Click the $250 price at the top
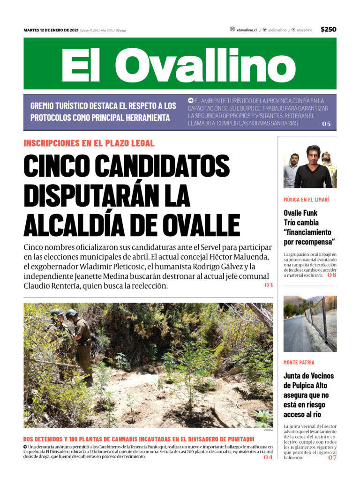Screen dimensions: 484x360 click(x=328, y=30)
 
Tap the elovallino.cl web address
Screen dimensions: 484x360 click(x=247, y=30)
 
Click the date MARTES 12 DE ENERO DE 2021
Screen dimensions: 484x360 click(x=51, y=30)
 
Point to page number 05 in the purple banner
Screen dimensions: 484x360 click(x=326, y=124)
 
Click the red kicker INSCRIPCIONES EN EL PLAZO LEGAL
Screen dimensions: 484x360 click(x=89, y=143)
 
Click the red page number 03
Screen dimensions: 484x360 click(x=268, y=285)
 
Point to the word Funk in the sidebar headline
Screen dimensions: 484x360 click(x=311, y=213)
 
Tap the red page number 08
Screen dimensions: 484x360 click(x=332, y=275)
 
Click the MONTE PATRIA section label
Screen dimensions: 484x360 click(x=299, y=362)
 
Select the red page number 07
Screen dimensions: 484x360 click(x=332, y=458)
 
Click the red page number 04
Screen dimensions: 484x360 click(x=268, y=457)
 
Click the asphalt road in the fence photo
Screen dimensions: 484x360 click(x=295, y=335)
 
